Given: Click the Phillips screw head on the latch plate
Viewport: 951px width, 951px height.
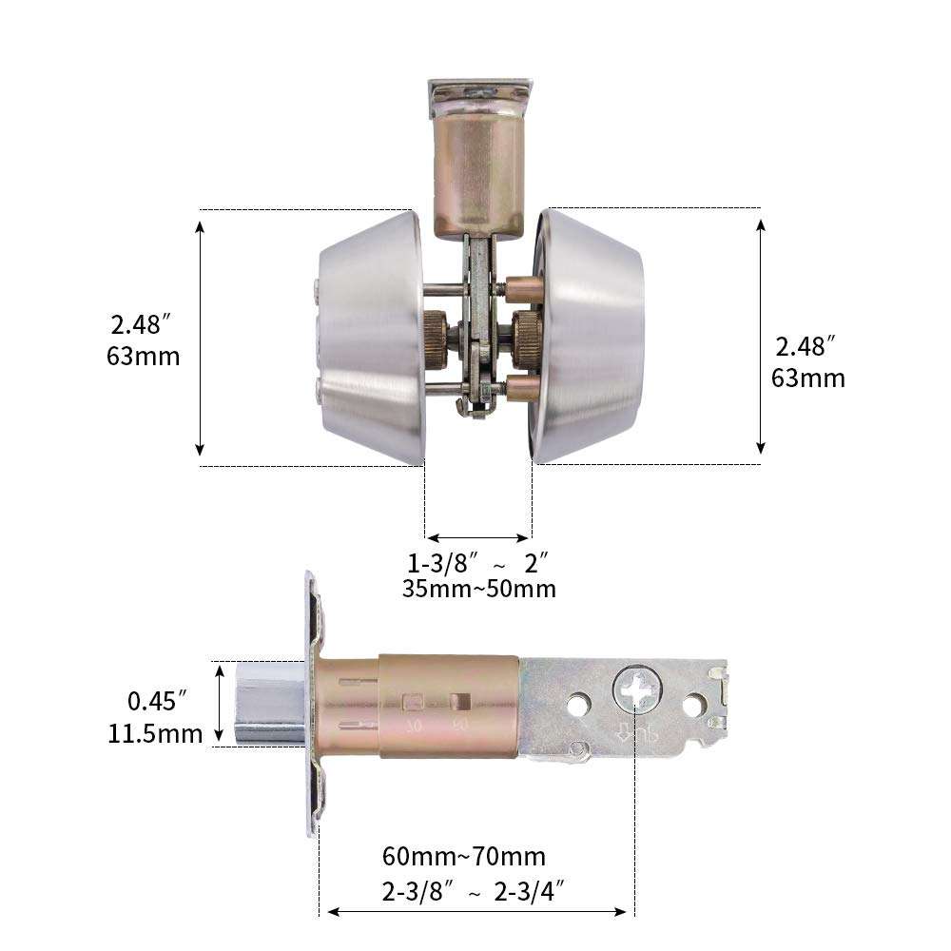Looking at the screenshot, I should click(x=634, y=690).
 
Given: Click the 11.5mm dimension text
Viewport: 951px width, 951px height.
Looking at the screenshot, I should click(x=155, y=733).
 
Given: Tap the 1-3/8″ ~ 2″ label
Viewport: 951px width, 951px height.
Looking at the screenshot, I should click(x=478, y=560).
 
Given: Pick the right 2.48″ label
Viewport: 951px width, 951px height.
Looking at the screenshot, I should click(x=807, y=345).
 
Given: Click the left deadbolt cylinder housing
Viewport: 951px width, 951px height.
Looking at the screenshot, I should click(x=368, y=337).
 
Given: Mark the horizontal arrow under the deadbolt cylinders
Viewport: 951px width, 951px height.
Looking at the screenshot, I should click(x=477, y=536).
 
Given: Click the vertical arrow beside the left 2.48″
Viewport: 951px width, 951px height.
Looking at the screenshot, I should click(x=200, y=337).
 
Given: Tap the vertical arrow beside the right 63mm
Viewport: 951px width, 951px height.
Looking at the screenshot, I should click(x=761, y=337).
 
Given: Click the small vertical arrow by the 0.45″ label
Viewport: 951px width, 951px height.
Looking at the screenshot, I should click(x=222, y=704).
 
